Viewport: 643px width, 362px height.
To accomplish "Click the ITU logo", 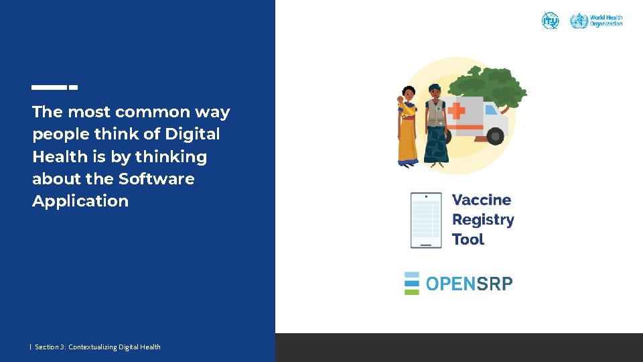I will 550,20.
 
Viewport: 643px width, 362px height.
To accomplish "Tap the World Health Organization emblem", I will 579,21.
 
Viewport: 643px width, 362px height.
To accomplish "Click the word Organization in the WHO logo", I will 606,24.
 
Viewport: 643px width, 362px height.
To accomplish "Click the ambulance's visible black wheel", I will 495,135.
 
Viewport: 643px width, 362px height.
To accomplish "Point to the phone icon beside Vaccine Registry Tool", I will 426,220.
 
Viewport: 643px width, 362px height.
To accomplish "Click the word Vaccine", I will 482,200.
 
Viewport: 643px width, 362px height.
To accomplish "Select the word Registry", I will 483,220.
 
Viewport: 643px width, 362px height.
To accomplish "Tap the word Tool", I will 468,239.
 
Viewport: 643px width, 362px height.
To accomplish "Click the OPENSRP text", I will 469,284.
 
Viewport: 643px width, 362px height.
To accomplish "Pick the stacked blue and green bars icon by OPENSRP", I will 412,283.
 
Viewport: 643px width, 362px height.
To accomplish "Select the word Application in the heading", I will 80,201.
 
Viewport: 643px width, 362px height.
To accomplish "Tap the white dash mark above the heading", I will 55,87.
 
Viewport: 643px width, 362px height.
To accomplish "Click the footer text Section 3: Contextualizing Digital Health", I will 98,347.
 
